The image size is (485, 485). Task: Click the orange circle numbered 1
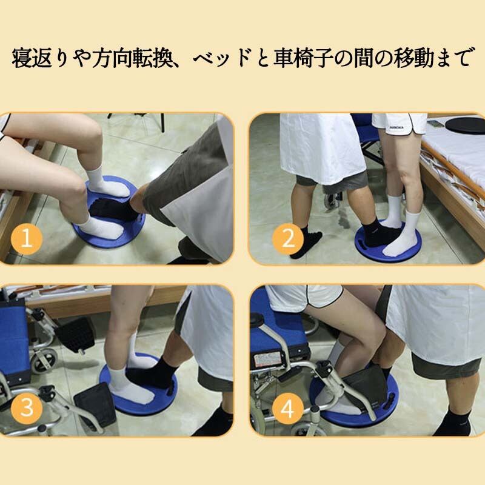(27, 239)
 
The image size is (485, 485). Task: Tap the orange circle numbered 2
(288, 239)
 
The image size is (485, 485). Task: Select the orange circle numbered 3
(27, 408)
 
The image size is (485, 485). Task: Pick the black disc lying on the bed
(464, 125)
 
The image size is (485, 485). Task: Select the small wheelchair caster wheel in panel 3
(44, 361)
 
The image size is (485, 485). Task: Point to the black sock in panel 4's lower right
(453, 420)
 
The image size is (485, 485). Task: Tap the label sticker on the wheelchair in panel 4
(267, 360)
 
